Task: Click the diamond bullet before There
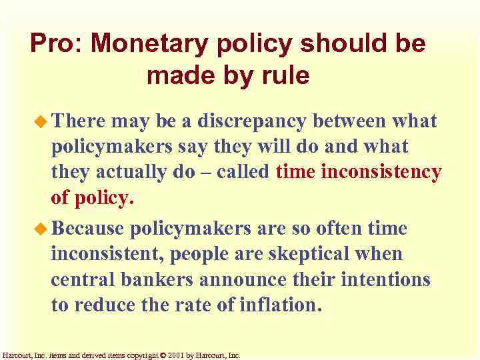41,121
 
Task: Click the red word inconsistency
381,173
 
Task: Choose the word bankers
160,279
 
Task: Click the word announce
249,279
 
